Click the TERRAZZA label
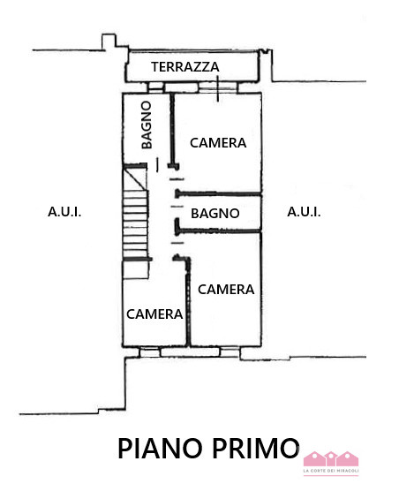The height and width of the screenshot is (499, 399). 184,67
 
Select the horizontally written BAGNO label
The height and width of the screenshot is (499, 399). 215,213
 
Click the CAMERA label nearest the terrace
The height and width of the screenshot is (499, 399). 217,142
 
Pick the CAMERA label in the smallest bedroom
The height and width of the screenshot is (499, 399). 154,314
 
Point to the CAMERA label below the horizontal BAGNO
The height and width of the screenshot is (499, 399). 226,289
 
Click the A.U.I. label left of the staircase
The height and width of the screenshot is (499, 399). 64,212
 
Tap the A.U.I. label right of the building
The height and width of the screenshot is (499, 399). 304,212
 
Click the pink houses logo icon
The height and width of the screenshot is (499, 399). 331,458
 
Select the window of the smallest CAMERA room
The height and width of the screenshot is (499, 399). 151,352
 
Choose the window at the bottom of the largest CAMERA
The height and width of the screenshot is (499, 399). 229,352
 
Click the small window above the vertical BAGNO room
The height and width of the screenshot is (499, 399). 155,87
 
